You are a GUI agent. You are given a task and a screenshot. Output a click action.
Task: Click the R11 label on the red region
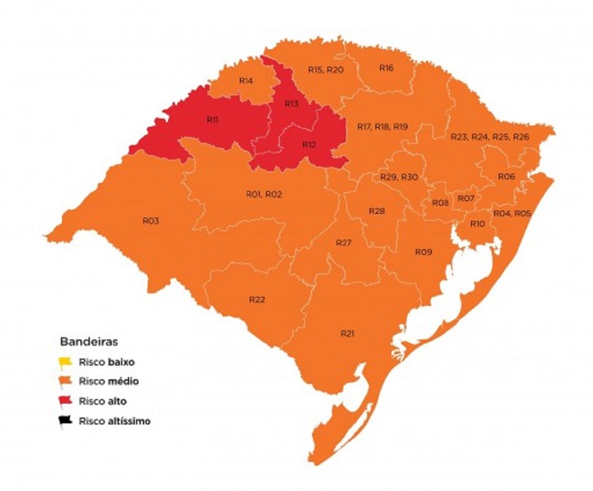coord(213,120)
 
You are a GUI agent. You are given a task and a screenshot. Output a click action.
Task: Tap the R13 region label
coord(291,104)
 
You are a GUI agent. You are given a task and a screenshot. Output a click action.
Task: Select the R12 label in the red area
coord(309,145)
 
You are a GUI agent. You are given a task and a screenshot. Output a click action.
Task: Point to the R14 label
coord(246,81)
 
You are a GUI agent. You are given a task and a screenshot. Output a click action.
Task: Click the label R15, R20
coord(325,70)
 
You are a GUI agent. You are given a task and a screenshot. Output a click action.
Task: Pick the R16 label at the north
coord(386,68)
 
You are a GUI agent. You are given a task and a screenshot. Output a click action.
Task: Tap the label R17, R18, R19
coord(383,127)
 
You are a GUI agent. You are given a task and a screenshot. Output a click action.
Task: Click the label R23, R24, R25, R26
coord(490,137)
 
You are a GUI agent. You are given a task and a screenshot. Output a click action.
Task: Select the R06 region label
coord(506,176)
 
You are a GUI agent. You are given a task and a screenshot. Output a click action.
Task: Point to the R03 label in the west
coord(151,221)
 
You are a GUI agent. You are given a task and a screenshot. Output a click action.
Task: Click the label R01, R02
coord(263,194)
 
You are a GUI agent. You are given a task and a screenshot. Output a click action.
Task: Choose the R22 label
coord(257,300)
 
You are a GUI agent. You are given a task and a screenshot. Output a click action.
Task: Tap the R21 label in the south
coord(347,334)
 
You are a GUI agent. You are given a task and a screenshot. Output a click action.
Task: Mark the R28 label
coord(376,211)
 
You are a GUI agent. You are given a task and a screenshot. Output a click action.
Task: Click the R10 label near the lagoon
coord(477,223)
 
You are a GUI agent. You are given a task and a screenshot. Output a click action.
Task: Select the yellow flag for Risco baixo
coord(64,363)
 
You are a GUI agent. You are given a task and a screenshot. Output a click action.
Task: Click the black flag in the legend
coord(64,422)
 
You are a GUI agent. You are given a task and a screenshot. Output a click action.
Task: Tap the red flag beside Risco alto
coord(64,401)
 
